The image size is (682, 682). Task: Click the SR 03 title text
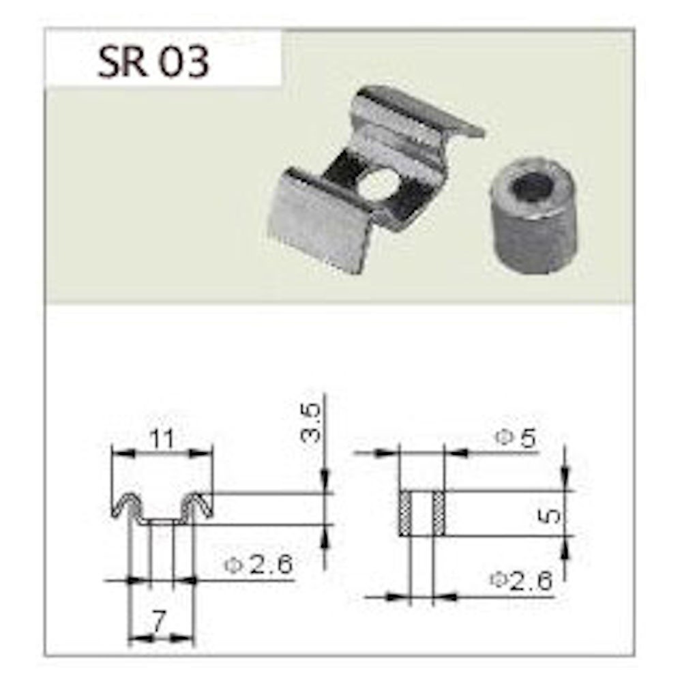point(153,62)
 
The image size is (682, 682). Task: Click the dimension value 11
point(162,439)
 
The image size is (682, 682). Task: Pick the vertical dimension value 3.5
point(310,423)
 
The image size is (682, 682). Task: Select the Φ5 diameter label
point(516,438)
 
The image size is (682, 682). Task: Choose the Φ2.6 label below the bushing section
point(521,580)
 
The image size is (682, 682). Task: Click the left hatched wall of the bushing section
point(404,513)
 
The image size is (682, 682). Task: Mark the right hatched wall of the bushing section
point(439,513)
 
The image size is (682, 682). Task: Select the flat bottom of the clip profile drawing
point(162,522)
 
